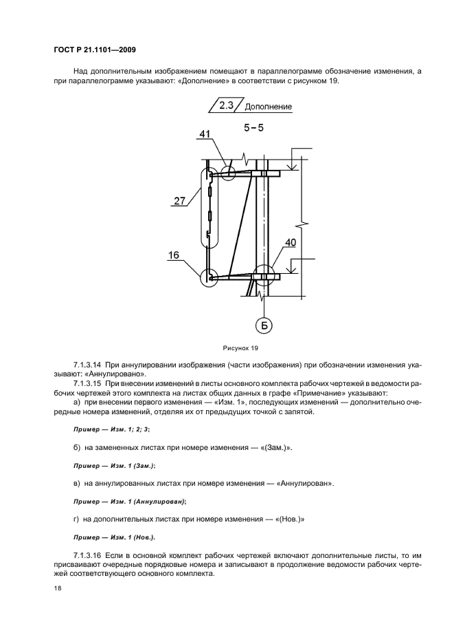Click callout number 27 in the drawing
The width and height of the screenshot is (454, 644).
click(x=180, y=201)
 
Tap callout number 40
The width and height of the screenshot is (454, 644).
click(x=290, y=242)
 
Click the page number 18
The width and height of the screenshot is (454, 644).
click(x=57, y=589)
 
